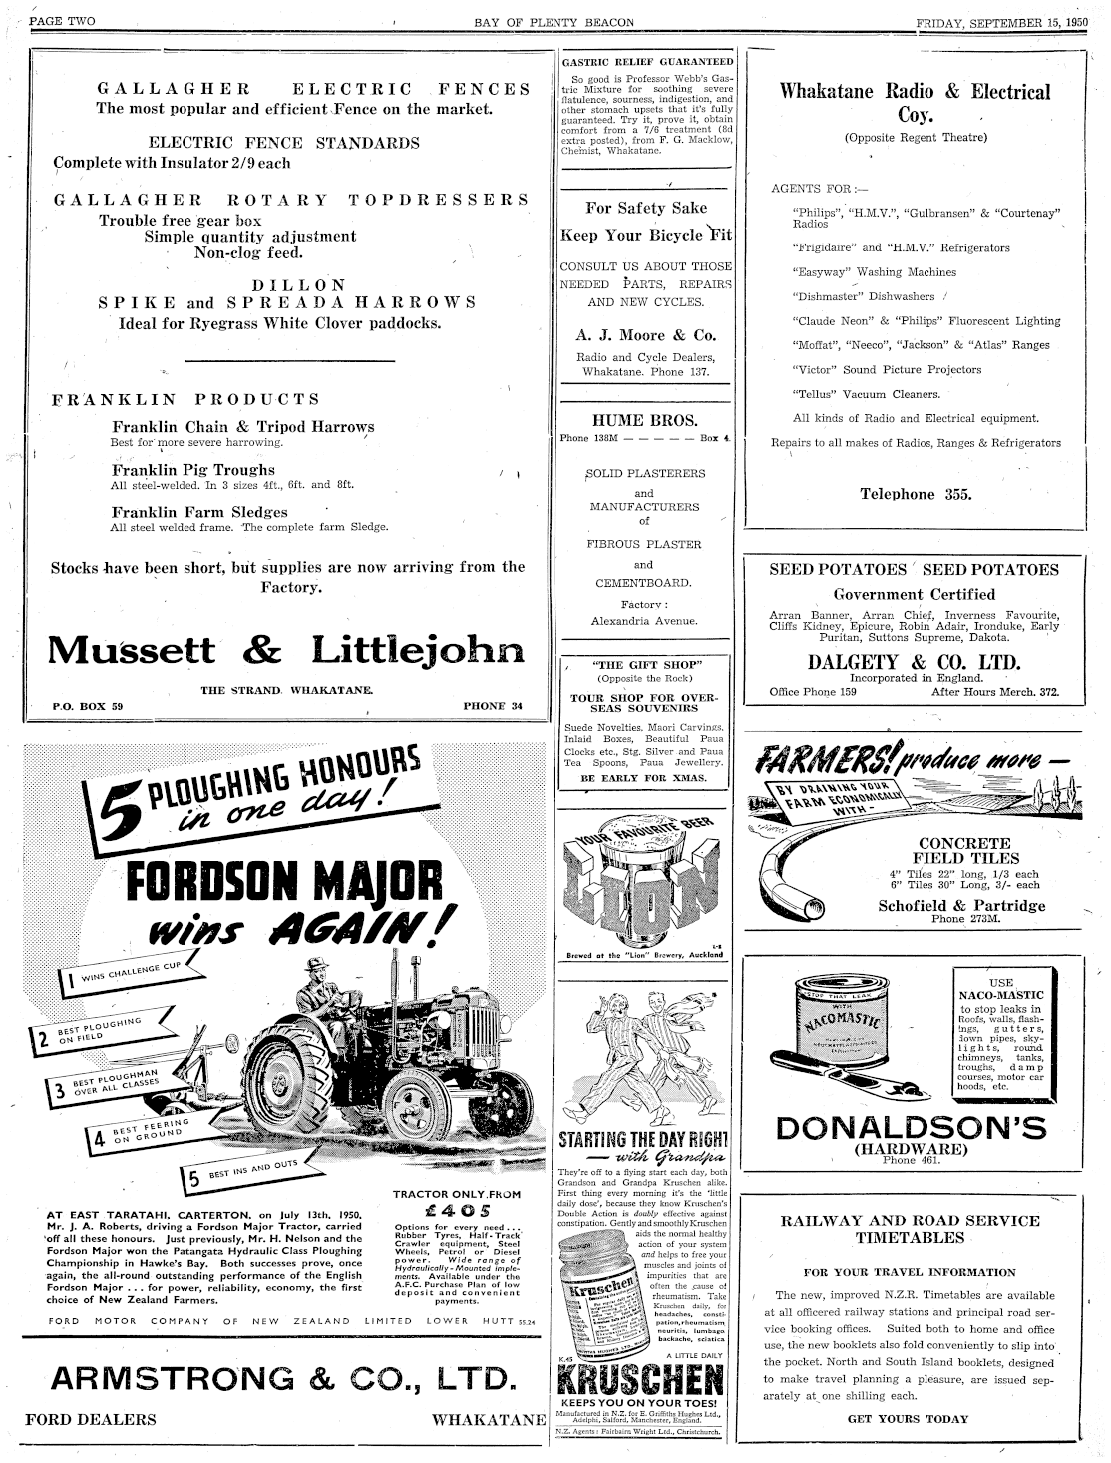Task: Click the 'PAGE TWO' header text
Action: coord(63,22)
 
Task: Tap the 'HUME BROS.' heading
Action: coord(645,420)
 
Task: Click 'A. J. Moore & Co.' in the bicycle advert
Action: coord(645,335)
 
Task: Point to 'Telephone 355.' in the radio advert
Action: coord(915,494)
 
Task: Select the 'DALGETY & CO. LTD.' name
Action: coord(915,662)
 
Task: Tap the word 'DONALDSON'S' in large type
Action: coord(913,1128)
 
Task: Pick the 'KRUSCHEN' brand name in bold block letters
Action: coord(639,1382)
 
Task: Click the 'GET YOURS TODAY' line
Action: coord(908,1418)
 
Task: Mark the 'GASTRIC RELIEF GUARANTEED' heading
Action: coord(646,61)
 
